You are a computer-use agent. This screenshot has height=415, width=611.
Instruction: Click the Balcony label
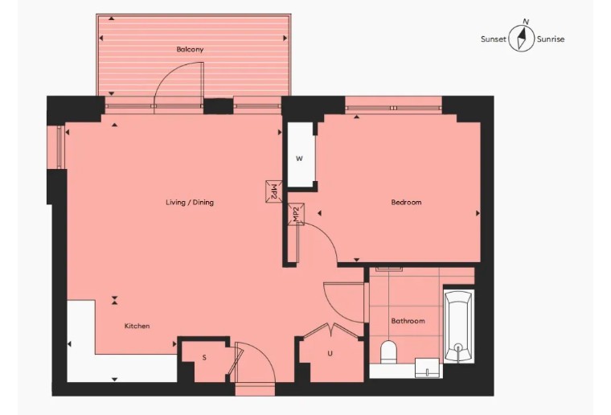pyautogui.click(x=190, y=50)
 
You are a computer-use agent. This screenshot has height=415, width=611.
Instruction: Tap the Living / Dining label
pyautogui.click(x=190, y=202)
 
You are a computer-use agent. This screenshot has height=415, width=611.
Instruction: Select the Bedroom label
pyautogui.click(x=406, y=202)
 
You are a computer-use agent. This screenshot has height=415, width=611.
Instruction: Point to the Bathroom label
pyautogui.click(x=408, y=321)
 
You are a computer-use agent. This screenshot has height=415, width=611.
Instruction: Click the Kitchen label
pyautogui.click(x=137, y=326)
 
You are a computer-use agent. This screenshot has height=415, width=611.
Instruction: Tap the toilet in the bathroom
pyautogui.click(x=388, y=352)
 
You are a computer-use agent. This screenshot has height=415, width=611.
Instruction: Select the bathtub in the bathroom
pyautogui.click(x=458, y=326)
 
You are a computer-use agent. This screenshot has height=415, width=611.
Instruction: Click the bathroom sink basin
pyautogui.click(x=428, y=368)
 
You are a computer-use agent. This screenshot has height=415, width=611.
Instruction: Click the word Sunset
pyautogui.click(x=494, y=39)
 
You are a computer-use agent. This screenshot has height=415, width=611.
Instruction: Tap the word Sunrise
pyautogui.click(x=551, y=39)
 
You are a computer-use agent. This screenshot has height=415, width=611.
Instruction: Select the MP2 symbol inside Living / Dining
pyautogui.click(x=274, y=191)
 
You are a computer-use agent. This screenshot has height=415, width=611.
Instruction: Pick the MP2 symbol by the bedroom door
pyautogui.click(x=296, y=214)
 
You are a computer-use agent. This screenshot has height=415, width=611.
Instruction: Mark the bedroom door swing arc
pyautogui.click(x=324, y=236)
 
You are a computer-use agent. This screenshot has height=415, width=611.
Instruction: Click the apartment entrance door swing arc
pyautogui.click(x=261, y=354)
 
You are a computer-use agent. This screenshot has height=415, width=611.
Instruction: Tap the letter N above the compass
pyautogui.click(x=526, y=22)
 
